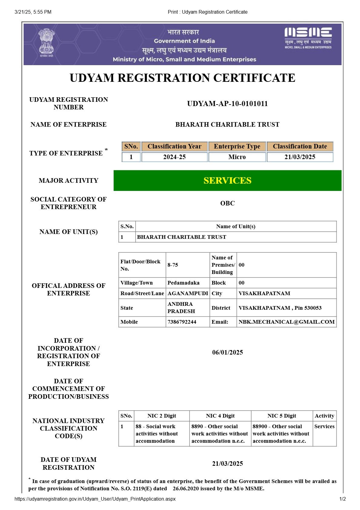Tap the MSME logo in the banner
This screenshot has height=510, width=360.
coord(308,38)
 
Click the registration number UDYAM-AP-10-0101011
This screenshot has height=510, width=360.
coord(227,104)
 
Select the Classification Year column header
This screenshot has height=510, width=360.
coord(174,146)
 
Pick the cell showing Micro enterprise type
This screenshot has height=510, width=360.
coord(237,157)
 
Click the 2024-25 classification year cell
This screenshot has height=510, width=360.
coord(174,157)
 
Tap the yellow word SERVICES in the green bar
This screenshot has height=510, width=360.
coord(227,181)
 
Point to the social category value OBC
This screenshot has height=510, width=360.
coord(227,203)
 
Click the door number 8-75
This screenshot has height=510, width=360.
coord(173,265)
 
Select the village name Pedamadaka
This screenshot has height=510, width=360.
coord(183,283)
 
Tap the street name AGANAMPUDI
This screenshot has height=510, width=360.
coord(188,293)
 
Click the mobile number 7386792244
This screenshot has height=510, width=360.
coord(182,322)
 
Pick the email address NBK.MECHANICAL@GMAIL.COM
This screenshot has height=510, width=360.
coord(286,322)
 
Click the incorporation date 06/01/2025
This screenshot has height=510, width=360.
coord(227,352)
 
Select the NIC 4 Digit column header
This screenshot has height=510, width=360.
coord(220,416)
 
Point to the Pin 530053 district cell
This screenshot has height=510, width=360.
coord(280,308)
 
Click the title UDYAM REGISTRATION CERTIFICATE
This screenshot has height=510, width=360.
coord(182,78)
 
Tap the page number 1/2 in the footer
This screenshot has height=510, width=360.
coord(342,499)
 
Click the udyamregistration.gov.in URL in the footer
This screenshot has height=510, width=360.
coord(95,499)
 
